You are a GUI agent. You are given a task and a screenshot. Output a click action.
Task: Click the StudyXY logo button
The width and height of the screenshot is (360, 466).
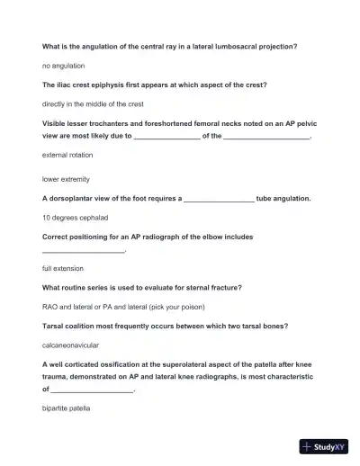pyautogui.click(x=325, y=445)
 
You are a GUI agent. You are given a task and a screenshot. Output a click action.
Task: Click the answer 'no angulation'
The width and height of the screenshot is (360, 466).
pyautogui.click(x=64, y=66)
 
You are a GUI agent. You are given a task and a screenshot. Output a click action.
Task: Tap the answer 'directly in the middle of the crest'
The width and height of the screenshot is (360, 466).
pyautogui.click(x=93, y=104)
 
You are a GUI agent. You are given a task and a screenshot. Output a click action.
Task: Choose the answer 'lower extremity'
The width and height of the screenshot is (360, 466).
pyautogui.click(x=66, y=179)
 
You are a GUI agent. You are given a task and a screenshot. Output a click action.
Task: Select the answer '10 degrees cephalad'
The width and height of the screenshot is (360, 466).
pyautogui.click(x=76, y=218)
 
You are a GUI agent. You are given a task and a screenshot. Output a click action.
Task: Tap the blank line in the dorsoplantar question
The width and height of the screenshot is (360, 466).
pyautogui.click(x=218, y=200)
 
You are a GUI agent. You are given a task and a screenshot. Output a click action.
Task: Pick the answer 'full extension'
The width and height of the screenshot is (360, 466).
pyautogui.click(x=63, y=268)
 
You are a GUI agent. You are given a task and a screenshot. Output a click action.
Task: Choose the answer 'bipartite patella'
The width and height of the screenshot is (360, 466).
pyautogui.click(x=67, y=408)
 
